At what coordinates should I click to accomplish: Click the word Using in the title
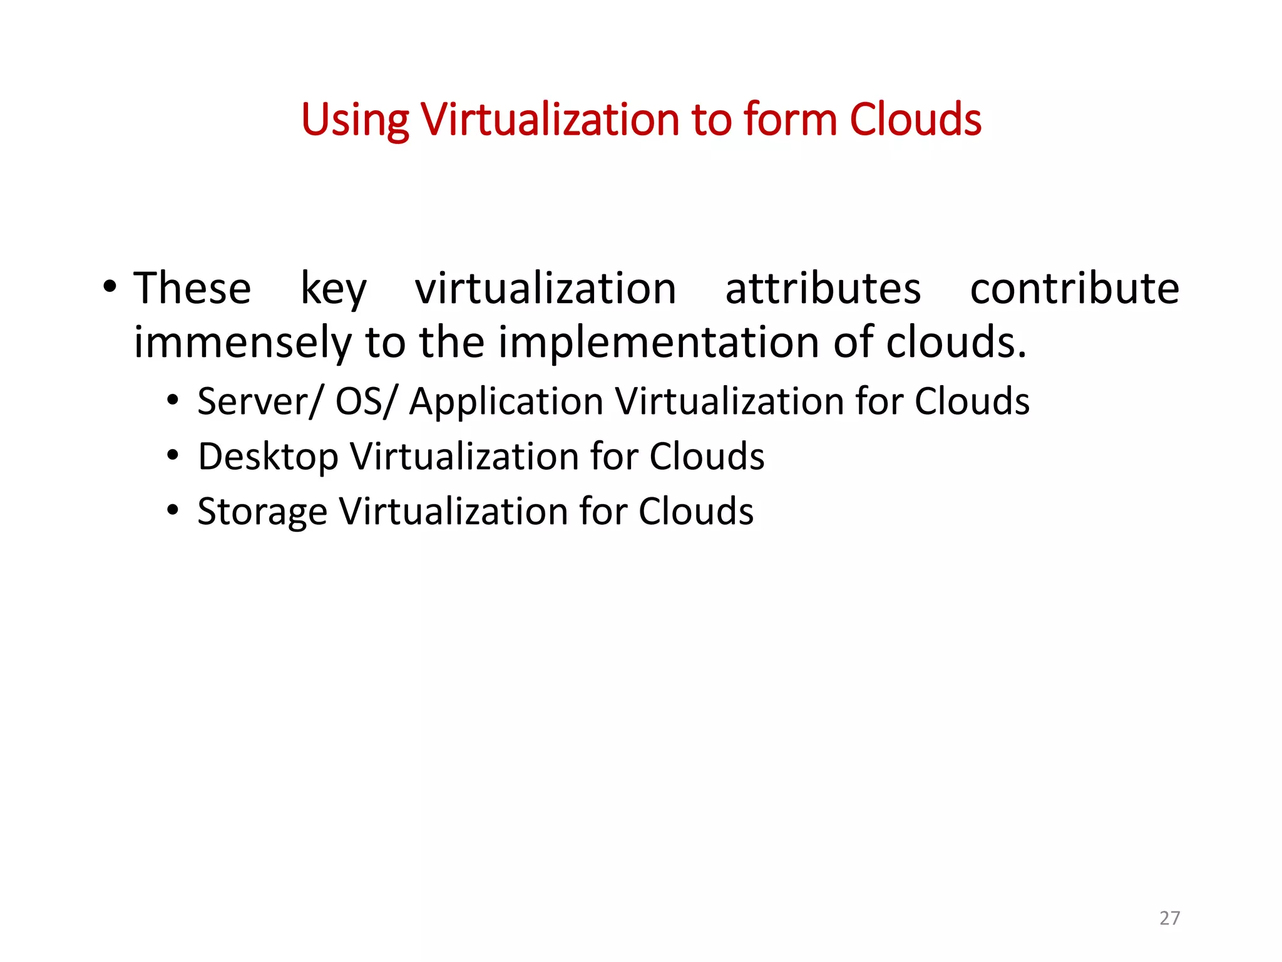(x=354, y=120)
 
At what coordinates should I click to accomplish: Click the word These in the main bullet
(x=192, y=289)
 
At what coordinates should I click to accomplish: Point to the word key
(x=333, y=290)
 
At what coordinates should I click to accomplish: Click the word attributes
(x=823, y=289)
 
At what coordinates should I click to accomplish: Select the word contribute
(x=1074, y=289)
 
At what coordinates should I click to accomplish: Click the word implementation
(x=659, y=344)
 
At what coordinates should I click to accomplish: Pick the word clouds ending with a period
(x=956, y=343)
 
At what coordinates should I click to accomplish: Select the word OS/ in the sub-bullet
(x=366, y=401)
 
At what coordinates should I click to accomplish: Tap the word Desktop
(x=268, y=457)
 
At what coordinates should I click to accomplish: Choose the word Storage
(x=262, y=512)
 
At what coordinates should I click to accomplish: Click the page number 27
(x=1169, y=918)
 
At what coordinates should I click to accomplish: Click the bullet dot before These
(x=110, y=288)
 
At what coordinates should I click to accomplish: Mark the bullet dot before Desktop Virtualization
(x=173, y=455)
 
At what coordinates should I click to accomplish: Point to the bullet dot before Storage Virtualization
(x=173, y=510)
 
